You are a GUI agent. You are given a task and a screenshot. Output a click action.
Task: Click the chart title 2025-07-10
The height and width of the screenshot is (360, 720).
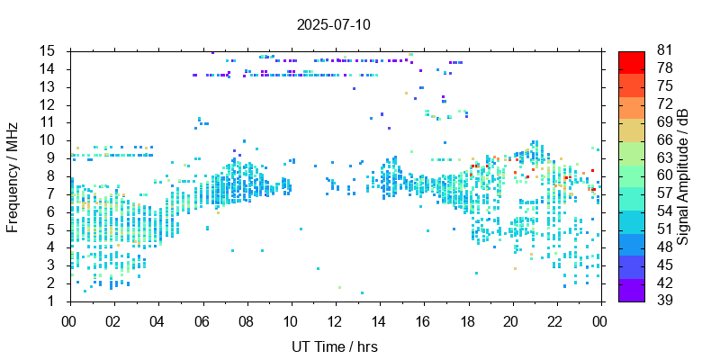tap(333, 24)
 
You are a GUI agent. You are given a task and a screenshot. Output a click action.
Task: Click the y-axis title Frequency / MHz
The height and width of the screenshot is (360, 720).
tap(13, 175)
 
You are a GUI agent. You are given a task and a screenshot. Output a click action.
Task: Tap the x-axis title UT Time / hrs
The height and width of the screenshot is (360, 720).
tap(334, 347)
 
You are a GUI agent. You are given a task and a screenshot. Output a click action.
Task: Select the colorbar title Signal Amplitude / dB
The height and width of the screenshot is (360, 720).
tap(683, 175)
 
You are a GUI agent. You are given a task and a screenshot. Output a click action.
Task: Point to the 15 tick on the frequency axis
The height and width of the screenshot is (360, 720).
tap(49, 50)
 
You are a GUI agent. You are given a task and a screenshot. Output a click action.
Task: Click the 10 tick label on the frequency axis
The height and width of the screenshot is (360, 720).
tap(49, 140)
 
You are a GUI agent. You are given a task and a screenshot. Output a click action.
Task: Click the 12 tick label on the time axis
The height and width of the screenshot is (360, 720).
tap(334, 319)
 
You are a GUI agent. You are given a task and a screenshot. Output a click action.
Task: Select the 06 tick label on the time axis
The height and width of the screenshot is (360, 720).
tap(202, 319)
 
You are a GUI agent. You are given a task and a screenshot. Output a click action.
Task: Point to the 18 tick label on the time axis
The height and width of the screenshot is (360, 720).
tap(466, 319)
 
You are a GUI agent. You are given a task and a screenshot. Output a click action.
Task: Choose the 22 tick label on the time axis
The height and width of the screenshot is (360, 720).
tap(554, 319)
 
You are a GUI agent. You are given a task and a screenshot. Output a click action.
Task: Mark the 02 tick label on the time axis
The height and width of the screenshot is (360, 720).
tap(113, 319)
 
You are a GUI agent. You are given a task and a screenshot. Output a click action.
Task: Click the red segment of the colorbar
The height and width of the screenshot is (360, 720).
tap(632, 61)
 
